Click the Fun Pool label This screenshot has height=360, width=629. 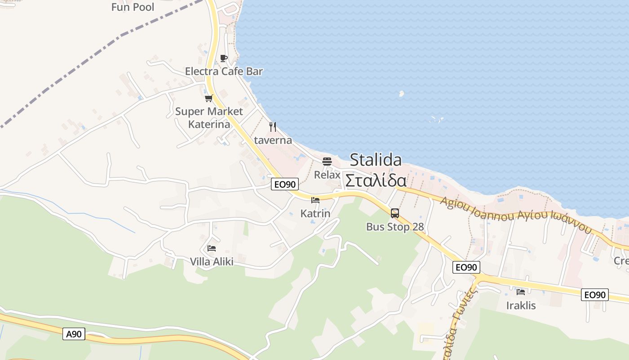pyautogui.click(x=133, y=7)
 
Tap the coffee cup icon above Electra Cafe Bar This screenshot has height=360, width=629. pyautogui.click(x=223, y=58)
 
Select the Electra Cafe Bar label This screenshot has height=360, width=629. pyautogui.click(x=224, y=71)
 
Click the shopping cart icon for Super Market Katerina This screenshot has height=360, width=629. pyautogui.click(x=208, y=98)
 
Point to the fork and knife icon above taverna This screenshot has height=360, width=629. pyautogui.click(x=273, y=127)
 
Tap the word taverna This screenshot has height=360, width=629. pyautogui.click(x=273, y=140)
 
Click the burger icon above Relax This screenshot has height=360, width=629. pyautogui.click(x=327, y=161)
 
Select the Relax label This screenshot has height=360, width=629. pyautogui.click(x=327, y=175)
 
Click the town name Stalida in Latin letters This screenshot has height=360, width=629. pyautogui.click(x=376, y=160)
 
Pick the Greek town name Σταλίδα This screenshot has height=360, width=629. pyautogui.click(x=376, y=180)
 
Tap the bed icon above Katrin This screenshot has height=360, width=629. pyautogui.click(x=315, y=200)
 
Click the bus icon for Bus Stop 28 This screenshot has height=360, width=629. pyautogui.click(x=395, y=213)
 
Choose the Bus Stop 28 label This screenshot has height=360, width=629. pyautogui.click(x=395, y=226)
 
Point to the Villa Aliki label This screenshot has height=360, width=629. pyautogui.click(x=212, y=261)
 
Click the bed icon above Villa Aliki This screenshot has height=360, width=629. pyautogui.click(x=212, y=248)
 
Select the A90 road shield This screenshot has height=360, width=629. pyautogui.click(x=74, y=334)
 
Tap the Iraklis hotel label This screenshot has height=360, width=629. pyautogui.click(x=521, y=306)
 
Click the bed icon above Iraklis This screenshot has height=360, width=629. pyautogui.click(x=521, y=292)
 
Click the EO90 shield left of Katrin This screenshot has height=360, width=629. pyautogui.click(x=285, y=184)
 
